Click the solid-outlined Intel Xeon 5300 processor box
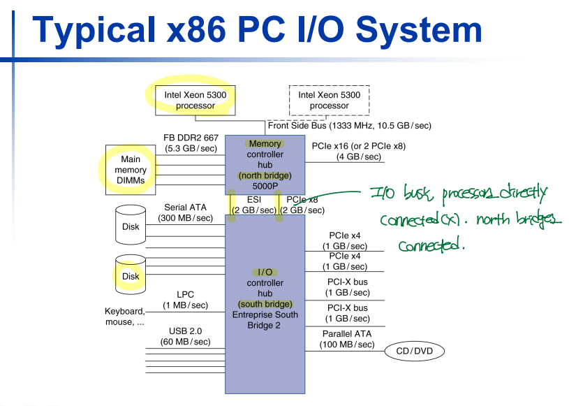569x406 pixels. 195,100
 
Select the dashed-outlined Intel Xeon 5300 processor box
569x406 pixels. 329,100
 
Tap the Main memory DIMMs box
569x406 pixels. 131,170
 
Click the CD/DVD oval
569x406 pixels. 414,350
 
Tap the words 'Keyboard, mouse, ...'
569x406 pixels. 125,317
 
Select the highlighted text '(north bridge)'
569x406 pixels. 265,175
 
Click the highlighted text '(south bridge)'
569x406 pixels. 265,304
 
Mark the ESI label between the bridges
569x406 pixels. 254,200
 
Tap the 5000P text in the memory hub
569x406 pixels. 265,187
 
